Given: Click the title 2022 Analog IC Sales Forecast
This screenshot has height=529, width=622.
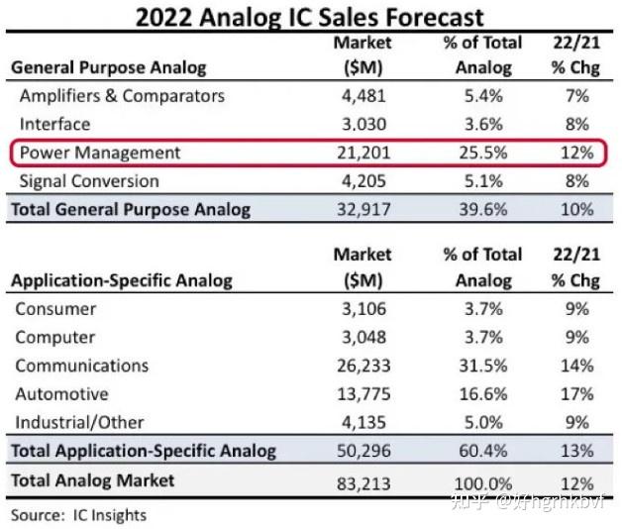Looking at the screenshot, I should pos(310,17).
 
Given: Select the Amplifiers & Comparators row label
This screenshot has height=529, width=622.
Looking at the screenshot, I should pos(122,96).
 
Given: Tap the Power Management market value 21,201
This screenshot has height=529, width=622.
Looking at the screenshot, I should pos(363,153).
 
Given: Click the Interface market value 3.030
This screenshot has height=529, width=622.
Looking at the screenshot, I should pos(363,124).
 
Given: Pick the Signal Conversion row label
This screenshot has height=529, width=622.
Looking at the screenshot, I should pos(89,181).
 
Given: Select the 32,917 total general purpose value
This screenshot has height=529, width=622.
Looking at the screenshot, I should pos(363,210).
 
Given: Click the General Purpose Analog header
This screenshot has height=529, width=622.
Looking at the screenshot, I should pos(109,67).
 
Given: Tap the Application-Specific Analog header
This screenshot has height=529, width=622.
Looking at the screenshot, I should pos(122,280).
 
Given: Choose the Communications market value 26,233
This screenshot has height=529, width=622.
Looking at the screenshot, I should pos(363,366).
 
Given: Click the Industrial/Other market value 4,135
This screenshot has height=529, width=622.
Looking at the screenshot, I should pos(363,423).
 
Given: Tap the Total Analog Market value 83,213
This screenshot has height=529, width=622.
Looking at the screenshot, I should pos(363,481).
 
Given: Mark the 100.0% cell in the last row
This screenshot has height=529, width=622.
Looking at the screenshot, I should pos(479,481).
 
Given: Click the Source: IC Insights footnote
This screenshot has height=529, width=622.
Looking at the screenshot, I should pos(79,515).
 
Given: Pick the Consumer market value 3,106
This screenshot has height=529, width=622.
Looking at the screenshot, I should pos(363,309).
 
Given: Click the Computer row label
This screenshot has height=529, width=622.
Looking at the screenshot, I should pos(55,338).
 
